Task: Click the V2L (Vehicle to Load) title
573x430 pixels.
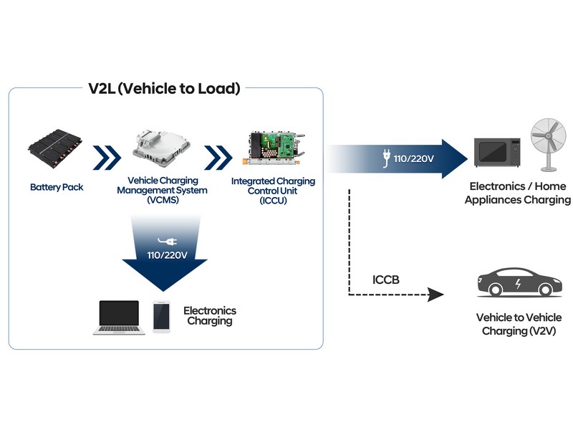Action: tap(164, 89)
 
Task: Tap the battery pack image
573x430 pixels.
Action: tap(56, 148)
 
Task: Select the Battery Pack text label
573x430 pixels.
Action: tap(57, 187)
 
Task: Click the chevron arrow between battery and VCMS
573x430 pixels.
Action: tap(107, 158)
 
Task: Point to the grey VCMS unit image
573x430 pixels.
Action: tap(162, 147)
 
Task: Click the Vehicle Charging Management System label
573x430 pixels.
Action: tap(163, 190)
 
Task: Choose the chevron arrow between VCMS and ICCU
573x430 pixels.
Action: tap(218, 158)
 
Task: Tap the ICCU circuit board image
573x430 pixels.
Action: tap(274, 148)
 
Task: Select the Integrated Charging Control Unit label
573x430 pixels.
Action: tap(273, 191)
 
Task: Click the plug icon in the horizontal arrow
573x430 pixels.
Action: tap(386, 158)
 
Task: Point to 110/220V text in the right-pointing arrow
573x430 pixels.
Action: tap(414, 158)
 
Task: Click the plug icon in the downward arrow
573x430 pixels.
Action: tap(168, 241)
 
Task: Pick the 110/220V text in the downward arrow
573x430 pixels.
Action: tap(167, 255)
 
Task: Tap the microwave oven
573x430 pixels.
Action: tap(497, 152)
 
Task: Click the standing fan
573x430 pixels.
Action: tap(549, 145)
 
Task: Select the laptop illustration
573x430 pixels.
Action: tap(119, 317)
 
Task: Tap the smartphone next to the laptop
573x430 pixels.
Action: tap(162, 317)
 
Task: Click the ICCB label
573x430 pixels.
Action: tap(386, 280)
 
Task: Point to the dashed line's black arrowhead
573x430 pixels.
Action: tap(435, 295)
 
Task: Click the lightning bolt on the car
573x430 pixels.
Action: tap(518, 284)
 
